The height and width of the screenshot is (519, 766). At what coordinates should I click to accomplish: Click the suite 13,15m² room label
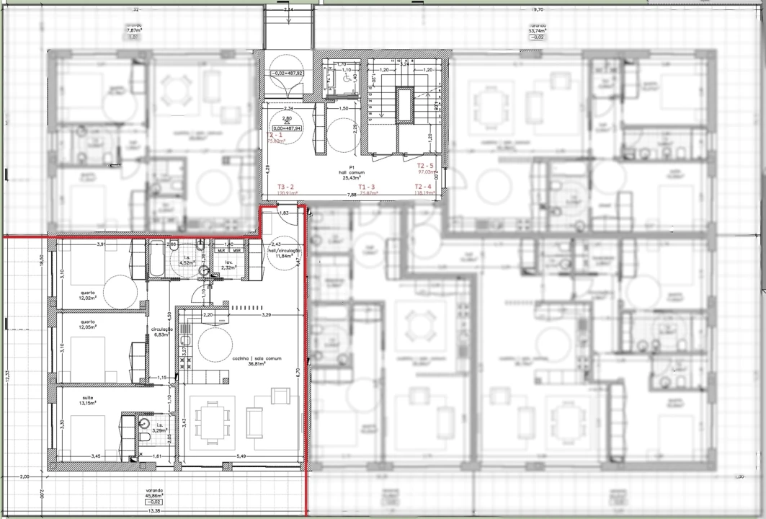(87, 401)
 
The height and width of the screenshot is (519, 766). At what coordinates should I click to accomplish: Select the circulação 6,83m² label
(159, 332)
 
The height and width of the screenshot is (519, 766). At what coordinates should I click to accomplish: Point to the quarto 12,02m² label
(87, 296)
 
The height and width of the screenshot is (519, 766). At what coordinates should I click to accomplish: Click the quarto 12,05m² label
(87, 324)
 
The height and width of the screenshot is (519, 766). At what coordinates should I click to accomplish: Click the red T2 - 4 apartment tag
(424, 187)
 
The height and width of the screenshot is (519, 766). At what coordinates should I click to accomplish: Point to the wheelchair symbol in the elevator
(346, 79)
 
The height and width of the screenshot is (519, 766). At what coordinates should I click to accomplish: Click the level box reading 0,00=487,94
(286, 128)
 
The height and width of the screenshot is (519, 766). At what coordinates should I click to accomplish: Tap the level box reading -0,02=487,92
(287, 74)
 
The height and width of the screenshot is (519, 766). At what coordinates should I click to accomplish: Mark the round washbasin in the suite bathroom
(144, 425)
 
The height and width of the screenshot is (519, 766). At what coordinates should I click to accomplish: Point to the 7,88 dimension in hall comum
(352, 195)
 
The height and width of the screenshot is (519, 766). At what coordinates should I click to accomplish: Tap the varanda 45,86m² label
(152, 494)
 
